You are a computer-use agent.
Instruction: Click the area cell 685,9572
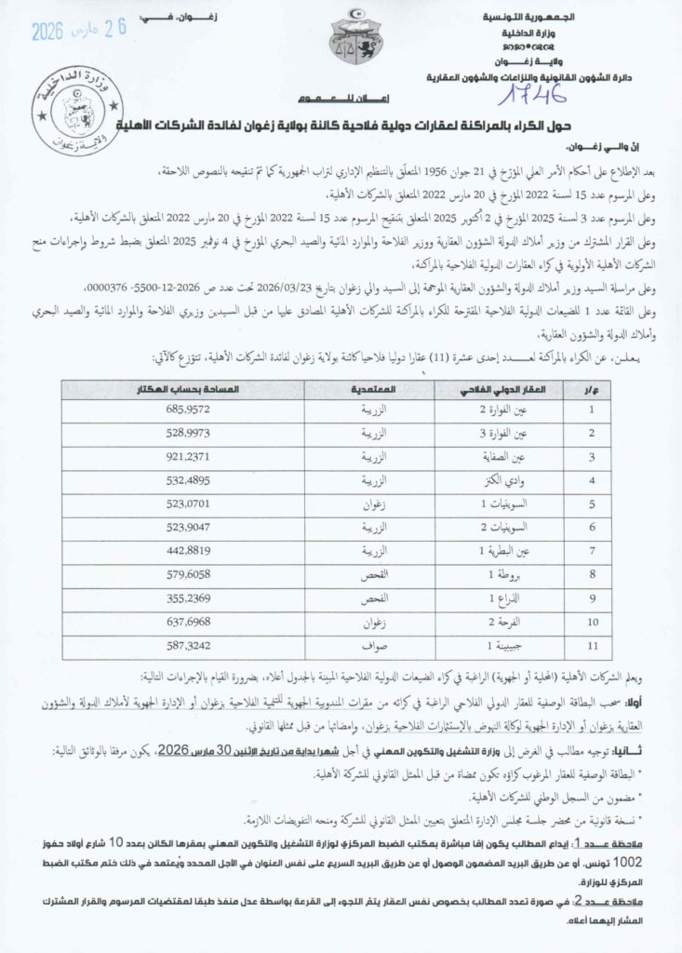189,409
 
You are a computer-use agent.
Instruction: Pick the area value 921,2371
189,457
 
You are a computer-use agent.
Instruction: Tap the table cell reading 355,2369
189,597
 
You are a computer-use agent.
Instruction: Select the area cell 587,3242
189,644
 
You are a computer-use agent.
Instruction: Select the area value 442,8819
189,551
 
